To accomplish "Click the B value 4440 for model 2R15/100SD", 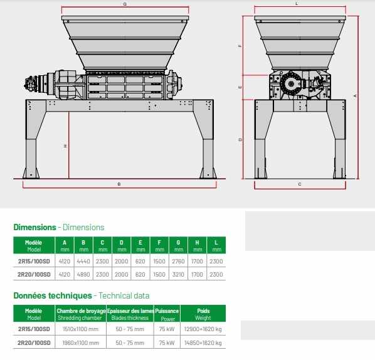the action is [x=83, y=261].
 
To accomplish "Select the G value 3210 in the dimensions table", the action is [x=178, y=274].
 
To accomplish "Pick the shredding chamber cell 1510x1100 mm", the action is [x=81, y=329].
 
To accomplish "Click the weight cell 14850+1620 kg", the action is [x=203, y=343].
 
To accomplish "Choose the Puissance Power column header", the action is [x=167, y=314].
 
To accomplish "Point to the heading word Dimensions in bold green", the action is [x=34, y=227].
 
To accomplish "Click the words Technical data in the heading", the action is [x=124, y=295].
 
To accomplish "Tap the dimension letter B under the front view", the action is [x=119, y=184].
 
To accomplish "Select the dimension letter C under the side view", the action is [x=300, y=184].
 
